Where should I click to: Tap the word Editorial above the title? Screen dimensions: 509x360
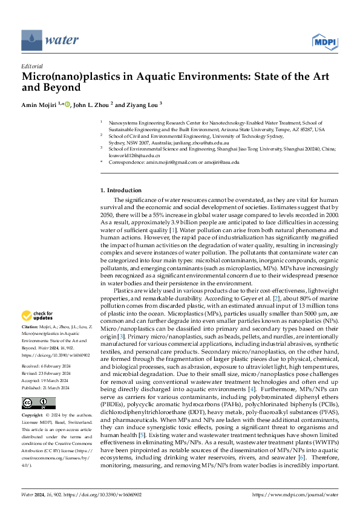pos(31,66)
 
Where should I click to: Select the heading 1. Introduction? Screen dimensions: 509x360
pos(120,190)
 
